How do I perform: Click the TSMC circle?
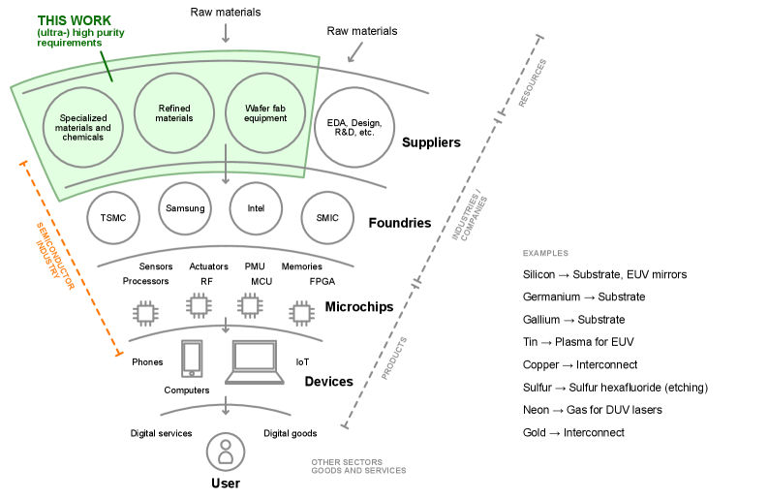tap(113, 217)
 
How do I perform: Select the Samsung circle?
tap(185, 208)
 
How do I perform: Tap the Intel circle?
tap(256, 207)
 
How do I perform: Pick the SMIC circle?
tap(327, 217)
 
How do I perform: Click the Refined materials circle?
tap(174, 113)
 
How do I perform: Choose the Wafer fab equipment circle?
tap(265, 113)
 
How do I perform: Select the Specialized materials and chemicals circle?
tap(83, 127)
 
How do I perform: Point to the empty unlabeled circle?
tap(354, 127)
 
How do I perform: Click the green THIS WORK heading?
tap(74, 20)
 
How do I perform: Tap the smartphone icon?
tap(192, 359)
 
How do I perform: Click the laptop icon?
tap(255, 362)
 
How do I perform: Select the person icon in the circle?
tap(226, 452)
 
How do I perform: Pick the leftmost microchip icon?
tap(146, 312)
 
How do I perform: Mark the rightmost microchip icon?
tap(302, 312)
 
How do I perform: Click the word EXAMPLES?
tap(545, 254)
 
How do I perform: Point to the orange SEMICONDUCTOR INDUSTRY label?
tap(56, 252)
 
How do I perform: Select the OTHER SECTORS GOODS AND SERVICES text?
tap(357, 466)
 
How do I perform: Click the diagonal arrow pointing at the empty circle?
tap(354, 52)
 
